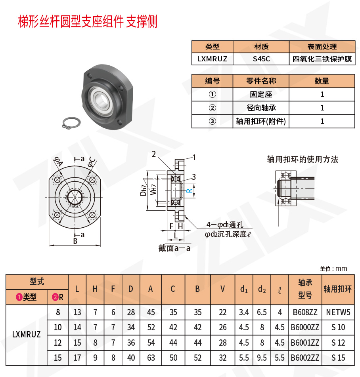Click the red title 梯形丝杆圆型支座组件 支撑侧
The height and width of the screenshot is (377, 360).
click(x=88, y=22)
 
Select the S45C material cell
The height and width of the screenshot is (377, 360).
click(x=261, y=59)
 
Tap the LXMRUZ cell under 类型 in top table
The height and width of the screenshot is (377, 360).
click(x=212, y=59)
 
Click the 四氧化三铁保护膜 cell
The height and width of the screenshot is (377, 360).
click(x=322, y=59)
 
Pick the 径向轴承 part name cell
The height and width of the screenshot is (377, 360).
click(x=261, y=108)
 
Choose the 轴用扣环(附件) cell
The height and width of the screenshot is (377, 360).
click(x=261, y=121)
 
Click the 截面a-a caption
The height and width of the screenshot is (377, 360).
click(x=174, y=248)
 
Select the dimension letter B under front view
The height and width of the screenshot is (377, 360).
click(x=75, y=241)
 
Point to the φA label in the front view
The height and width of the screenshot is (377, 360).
click(x=58, y=162)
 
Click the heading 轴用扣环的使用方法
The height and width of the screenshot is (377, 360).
click(x=303, y=160)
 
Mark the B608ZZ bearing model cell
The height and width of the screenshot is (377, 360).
click(x=305, y=312)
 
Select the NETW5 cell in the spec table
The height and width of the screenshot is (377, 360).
click(x=338, y=312)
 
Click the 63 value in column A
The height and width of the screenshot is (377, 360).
click(x=151, y=358)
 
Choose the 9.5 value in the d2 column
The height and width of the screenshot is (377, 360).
click(x=262, y=358)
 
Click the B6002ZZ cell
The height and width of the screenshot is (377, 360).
click(x=305, y=358)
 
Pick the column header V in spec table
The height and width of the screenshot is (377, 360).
click(x=223, y=289)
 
